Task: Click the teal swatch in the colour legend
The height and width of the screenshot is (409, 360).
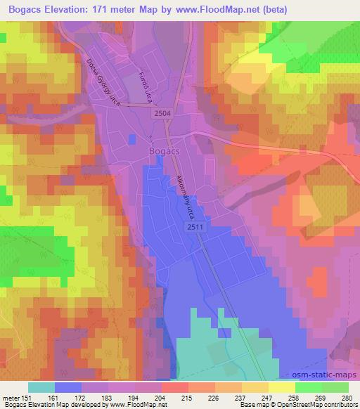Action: coord(41,387)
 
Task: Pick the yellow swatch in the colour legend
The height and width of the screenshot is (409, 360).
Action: coord(281,387)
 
